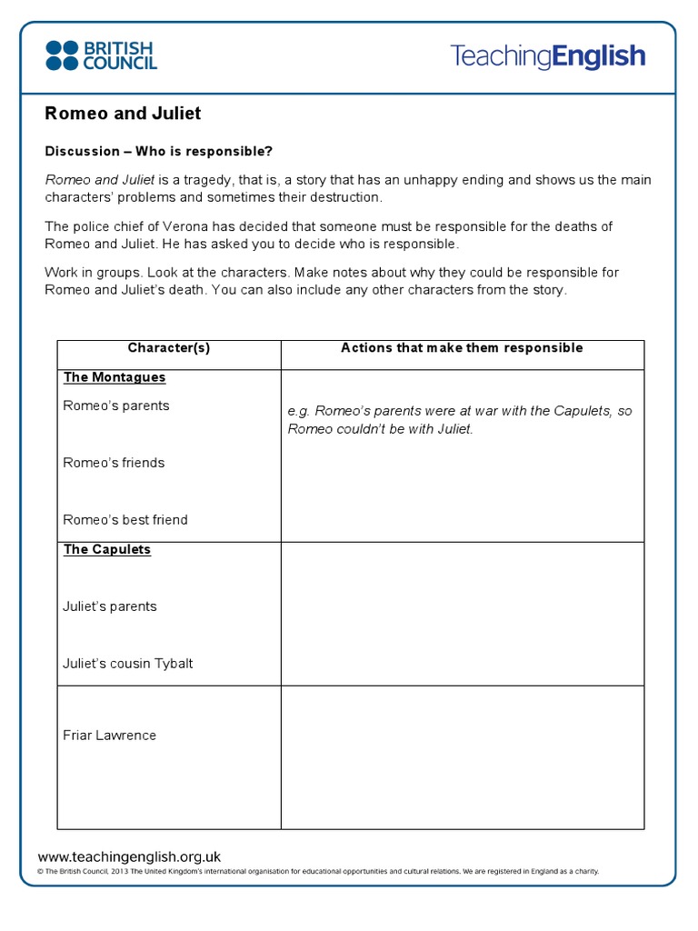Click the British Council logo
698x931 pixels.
point(101,55)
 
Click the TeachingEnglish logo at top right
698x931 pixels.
point(547,56)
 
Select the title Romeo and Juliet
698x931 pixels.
point(123,114)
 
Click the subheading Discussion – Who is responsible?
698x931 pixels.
point(159,151)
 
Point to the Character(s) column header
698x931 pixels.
point(169,348)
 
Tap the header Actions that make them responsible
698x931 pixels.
point(462,348)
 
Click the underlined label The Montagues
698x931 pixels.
point(115,377)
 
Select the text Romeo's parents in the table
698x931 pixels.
point(116,405)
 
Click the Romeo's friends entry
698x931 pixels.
point(114,463)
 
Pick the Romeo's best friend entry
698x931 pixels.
point(125,520)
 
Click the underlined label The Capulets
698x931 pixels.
point(107,550)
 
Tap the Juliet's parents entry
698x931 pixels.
point(110,606)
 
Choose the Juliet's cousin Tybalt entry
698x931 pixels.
point(128,664)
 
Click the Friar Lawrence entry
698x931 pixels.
point(110,736)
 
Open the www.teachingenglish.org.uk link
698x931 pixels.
point(129,856)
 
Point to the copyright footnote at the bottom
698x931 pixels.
point(318,872)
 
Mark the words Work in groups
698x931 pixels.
point(88,273)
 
